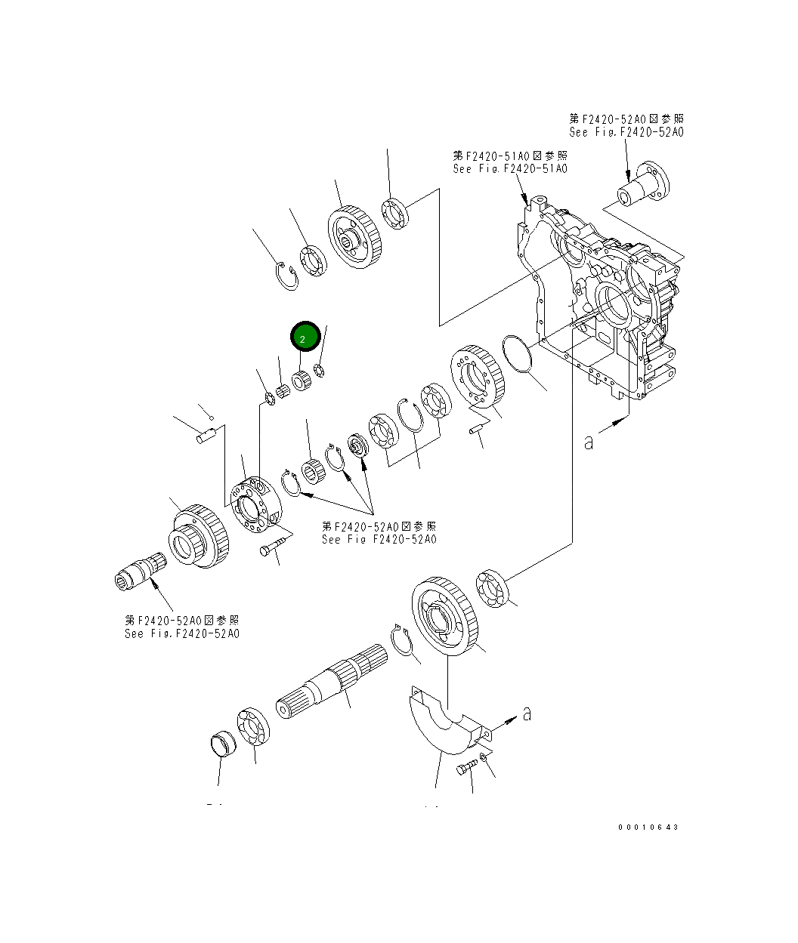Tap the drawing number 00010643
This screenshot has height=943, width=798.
coord(648,827)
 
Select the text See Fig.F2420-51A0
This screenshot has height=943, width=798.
coord(509,169)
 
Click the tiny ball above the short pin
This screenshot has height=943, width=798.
coord(212,418)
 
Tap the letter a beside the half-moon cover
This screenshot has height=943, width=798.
coord(527,713)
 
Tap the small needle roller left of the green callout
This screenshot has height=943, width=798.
coord(285,391)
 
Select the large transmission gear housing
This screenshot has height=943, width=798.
coord(605,294)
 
